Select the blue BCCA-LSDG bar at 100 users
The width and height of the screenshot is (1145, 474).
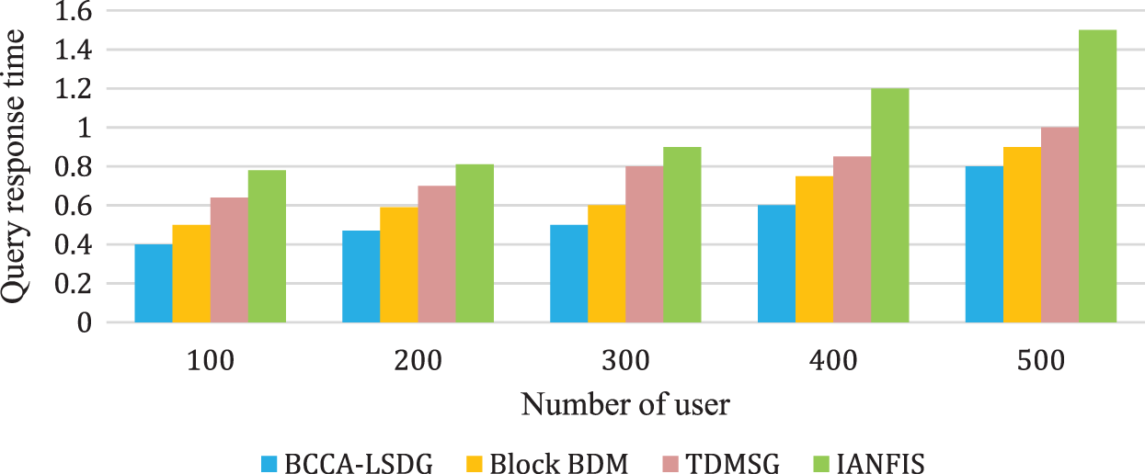pos(153,284)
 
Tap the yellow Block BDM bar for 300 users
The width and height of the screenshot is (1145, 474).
pos(606,264)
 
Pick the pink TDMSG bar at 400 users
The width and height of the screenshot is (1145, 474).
pos(853,240)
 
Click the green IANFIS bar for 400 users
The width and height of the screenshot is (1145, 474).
pos(890,206)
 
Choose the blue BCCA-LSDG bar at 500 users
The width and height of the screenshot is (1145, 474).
pos(984,244)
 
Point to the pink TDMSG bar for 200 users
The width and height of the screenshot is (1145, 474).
pos(437,254)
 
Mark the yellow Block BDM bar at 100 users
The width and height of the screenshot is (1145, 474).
pos(191,274)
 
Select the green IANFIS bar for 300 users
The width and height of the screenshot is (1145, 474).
pos(682,235)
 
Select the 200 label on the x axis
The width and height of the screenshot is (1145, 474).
pos(418,361)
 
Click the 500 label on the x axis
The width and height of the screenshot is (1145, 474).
pos(1041,361)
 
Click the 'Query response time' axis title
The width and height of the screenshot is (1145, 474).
pos(16,167)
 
